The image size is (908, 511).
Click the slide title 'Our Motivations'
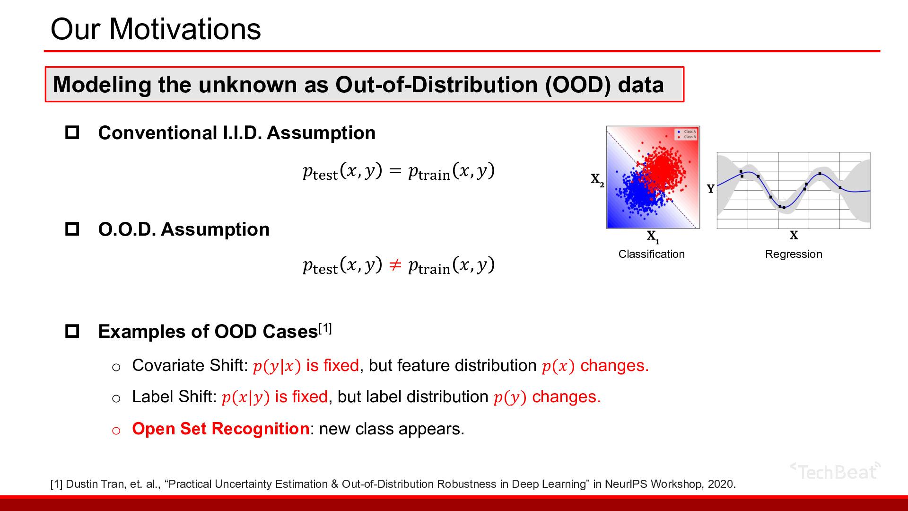pos(156,29)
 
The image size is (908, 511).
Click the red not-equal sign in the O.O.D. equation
pos(394,265)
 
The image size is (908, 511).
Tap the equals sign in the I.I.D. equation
pos(394,171)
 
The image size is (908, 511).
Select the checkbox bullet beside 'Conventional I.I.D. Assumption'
pos(72,132)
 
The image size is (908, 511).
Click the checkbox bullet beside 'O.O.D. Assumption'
pos(72,229)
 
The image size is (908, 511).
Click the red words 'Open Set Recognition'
pos(221,429)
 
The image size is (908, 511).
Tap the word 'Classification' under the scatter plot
pos(652,254)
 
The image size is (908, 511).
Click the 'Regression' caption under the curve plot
pos(794,254)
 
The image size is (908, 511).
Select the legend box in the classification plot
pos(686,134)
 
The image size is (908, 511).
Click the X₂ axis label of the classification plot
pos(597,180)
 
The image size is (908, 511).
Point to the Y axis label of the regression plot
pos(710,189)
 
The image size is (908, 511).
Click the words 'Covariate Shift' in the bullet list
pos(188,365)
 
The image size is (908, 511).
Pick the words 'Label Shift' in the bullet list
pos(172,396)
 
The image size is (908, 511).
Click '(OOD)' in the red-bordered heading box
pos(578,85)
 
